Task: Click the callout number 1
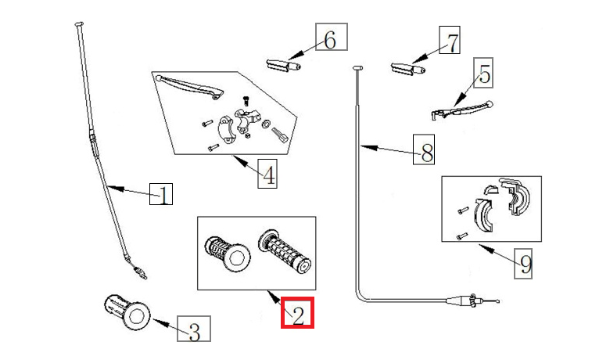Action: click(x=161, y=194)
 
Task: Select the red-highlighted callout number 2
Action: click(x=298, y=314)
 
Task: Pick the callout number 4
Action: click(x=267, y=174)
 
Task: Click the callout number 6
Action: click(x=330, y=38)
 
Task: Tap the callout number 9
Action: click(x=525, y=264)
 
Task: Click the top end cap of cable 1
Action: click(x=78, y=26)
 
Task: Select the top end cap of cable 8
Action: click(x=358, y=69)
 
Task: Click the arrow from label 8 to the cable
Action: click(x=387, y=149)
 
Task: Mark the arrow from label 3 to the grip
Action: click(x=164, y=322)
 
